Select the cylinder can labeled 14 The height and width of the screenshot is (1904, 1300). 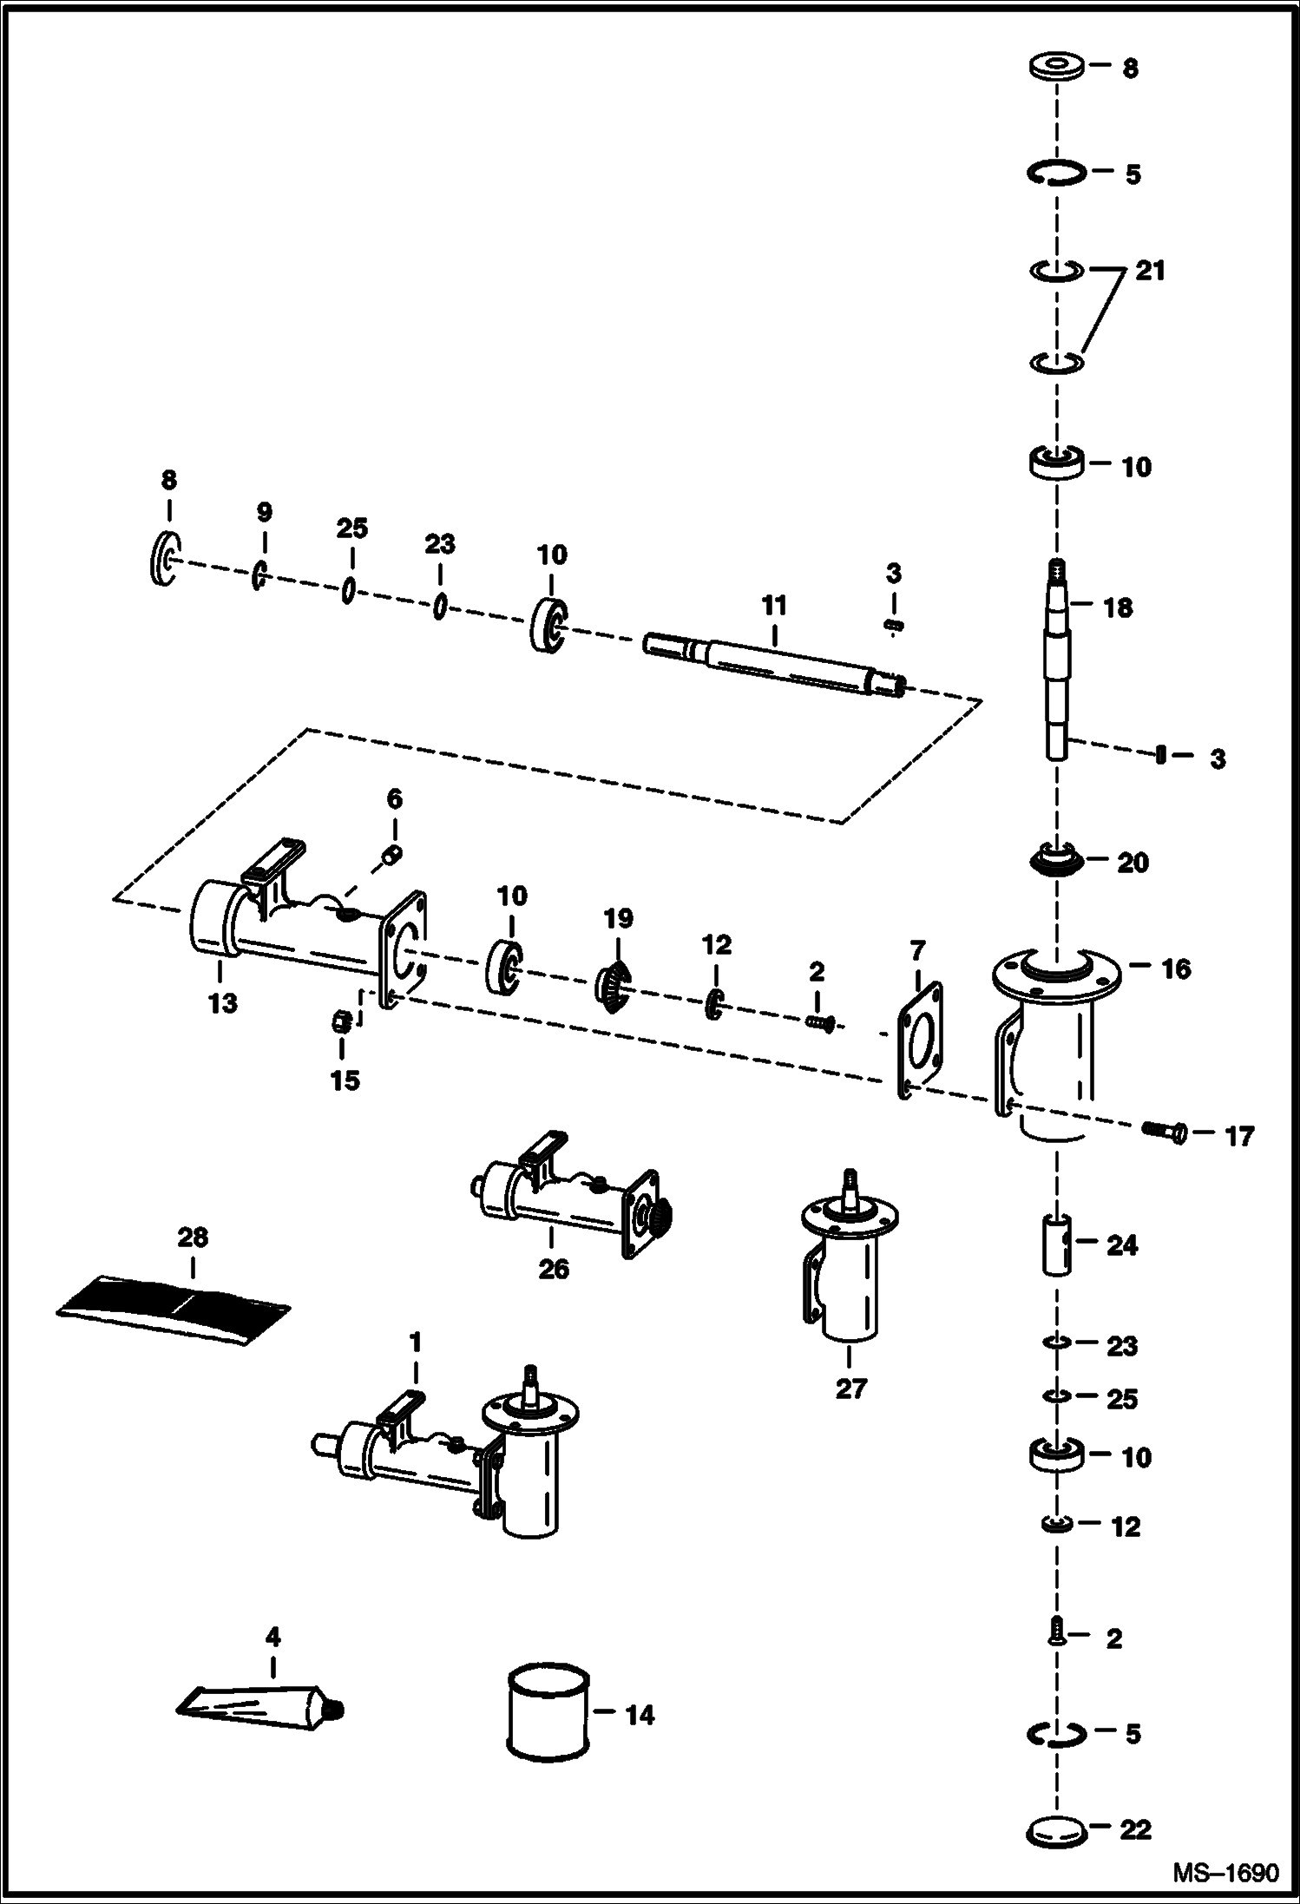pos(547,1711)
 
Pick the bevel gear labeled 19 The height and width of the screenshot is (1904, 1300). pos(614,978)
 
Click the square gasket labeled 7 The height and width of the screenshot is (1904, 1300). pos(919,1041)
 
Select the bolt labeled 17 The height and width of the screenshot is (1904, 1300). pos(1165,1132)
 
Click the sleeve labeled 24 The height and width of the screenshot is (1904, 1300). pos(1056,1245)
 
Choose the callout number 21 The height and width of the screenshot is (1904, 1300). pos(1150,271)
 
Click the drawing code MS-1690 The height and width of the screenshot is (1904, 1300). pos(1225,1874)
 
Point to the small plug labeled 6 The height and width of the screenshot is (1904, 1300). pos(391,857)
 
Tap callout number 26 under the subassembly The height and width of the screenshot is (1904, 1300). pos(553,1269)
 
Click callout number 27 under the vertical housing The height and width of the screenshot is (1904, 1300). pos(850,1389)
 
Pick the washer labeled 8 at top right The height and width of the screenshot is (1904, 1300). pos(1056,67)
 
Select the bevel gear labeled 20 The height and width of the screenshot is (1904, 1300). pos(1056,862)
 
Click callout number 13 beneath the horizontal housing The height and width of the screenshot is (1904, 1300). pos(222,1003)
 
